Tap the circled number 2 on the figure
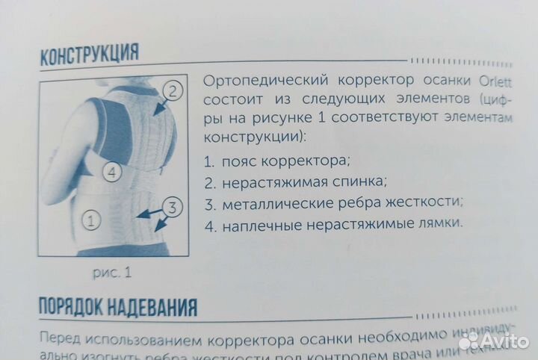pos(172,93)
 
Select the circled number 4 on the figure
pos(111,173)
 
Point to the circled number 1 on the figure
pos(91,220)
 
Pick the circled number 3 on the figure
pos(171,207)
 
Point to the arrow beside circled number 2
pos(158,108)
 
